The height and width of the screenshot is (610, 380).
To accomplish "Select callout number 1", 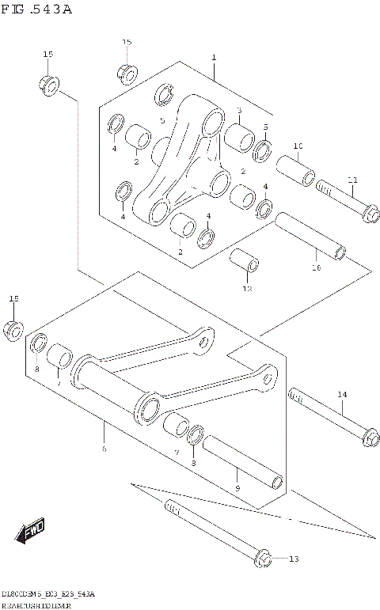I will pos(214,58).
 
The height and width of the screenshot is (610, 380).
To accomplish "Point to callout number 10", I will pos(298,146).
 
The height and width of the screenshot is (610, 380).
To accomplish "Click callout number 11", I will pos(352,180).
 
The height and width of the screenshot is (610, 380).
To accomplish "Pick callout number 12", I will pos(246,289).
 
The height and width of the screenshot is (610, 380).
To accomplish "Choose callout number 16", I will pos(316,268).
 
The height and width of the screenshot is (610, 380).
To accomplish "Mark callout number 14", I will pos(342,393).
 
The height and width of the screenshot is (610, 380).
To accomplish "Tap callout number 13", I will pos(294,559).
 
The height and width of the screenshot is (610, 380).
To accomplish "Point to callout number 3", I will pos(238,110).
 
